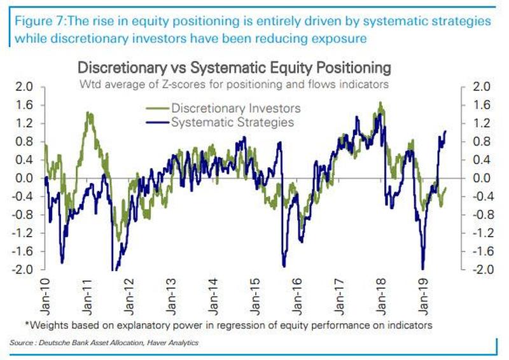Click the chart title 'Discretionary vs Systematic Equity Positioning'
click(x=233, y=67)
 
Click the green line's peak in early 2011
click(x=88, y=113)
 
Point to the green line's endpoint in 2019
click(x=445, y=188)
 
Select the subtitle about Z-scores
click(x=233, y=83)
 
